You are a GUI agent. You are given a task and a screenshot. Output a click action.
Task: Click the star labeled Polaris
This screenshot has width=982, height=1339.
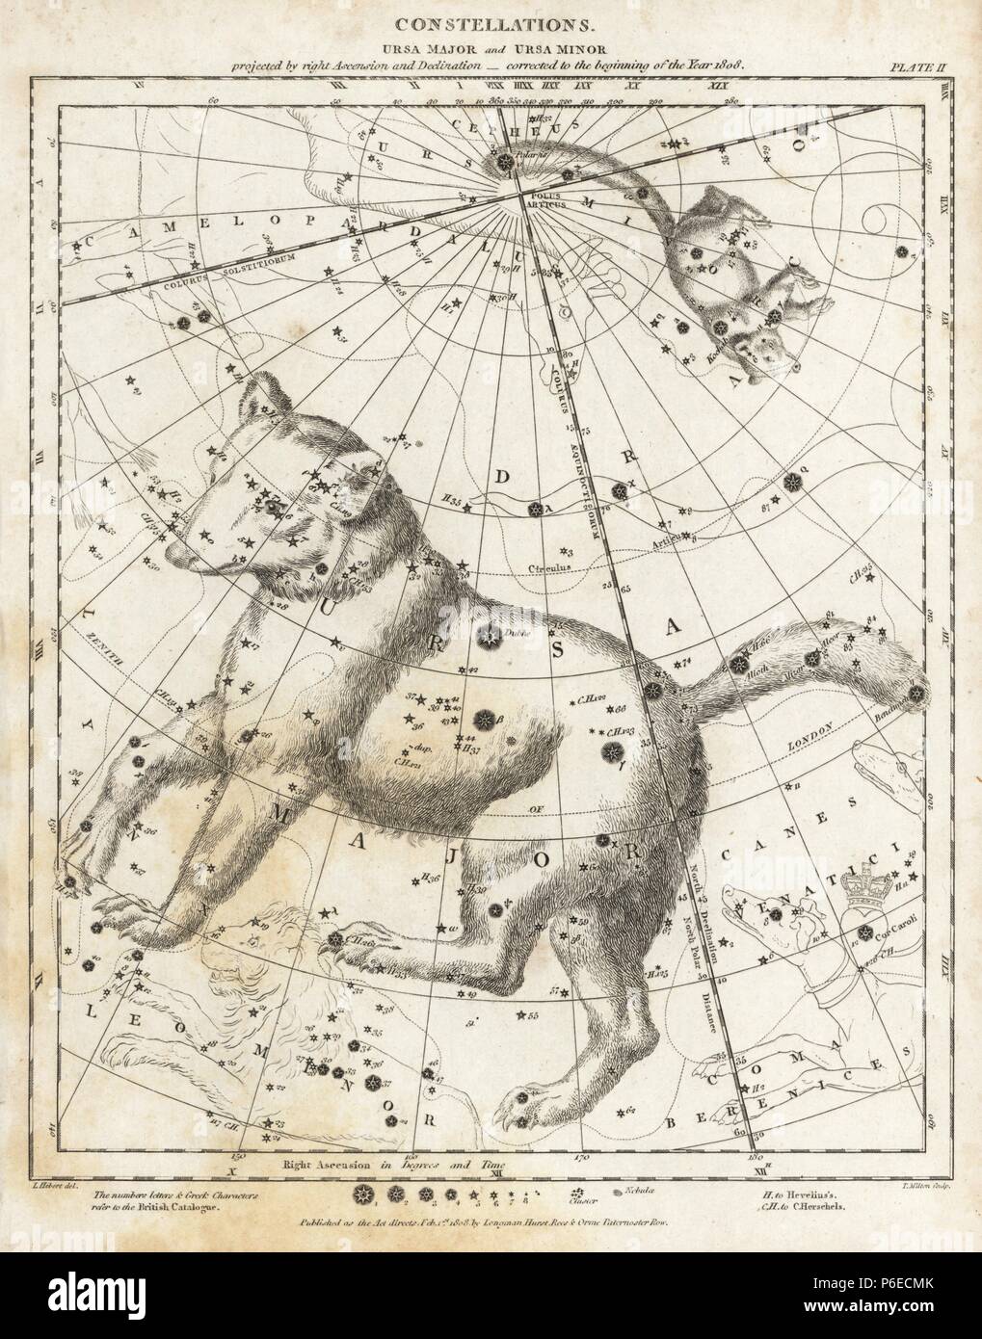tap(505, 163)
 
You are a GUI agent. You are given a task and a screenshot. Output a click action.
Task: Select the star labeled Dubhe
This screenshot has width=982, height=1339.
tap(489, 634)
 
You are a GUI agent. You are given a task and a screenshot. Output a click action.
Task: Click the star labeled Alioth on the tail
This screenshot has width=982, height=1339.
tap(740, 663)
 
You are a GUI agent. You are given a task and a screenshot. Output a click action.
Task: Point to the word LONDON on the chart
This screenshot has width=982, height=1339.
tap(809, 744)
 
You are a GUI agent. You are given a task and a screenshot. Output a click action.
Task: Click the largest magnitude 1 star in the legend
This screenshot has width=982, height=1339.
tap(364, 1195)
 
